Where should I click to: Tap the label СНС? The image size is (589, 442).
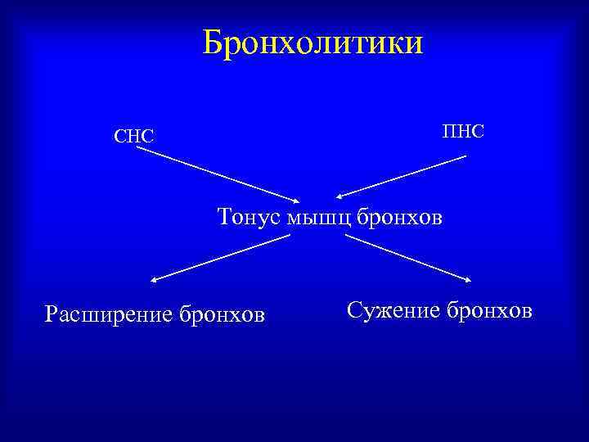click(x=134, y=135)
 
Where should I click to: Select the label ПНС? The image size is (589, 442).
click(x=463, y=130)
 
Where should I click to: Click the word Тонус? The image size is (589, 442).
click(x=249, y=217)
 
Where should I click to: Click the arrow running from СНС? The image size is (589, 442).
click(x=217, y=174)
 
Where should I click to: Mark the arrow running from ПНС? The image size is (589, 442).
click(x=401, y=177)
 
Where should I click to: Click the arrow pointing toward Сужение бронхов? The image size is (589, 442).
click(x=407, y=259)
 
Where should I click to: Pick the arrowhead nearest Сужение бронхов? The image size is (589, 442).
click(x=467, y=281)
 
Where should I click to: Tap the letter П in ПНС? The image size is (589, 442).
click(x=449, y=130)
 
